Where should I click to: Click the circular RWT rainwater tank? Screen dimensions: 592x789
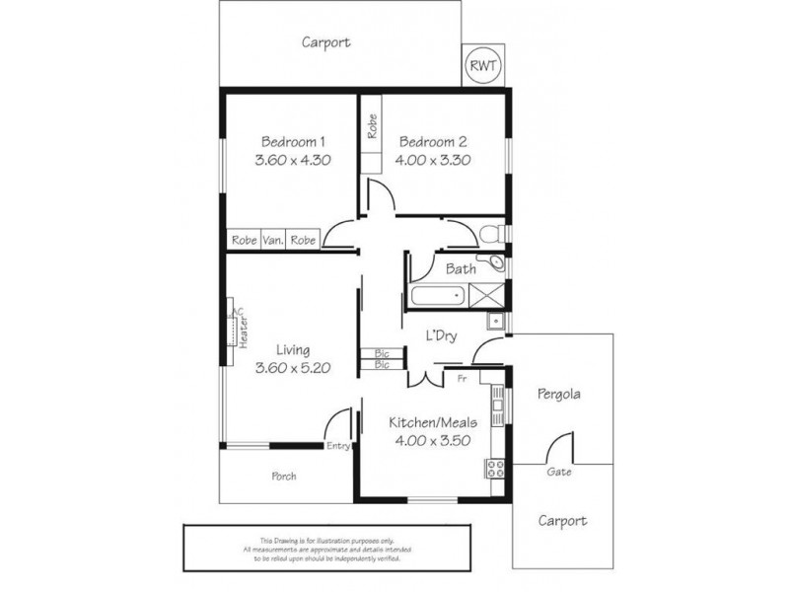483,65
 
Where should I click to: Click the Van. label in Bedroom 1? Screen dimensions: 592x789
273,240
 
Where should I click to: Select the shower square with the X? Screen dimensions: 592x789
486,294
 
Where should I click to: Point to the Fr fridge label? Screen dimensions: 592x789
462,377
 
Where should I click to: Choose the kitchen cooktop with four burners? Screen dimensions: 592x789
494,470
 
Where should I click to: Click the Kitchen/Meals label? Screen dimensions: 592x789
434,422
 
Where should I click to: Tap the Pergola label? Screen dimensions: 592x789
558,395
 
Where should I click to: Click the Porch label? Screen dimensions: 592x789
284,476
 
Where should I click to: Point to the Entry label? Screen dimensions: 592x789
338,446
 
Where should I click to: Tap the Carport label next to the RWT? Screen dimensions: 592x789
325,42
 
